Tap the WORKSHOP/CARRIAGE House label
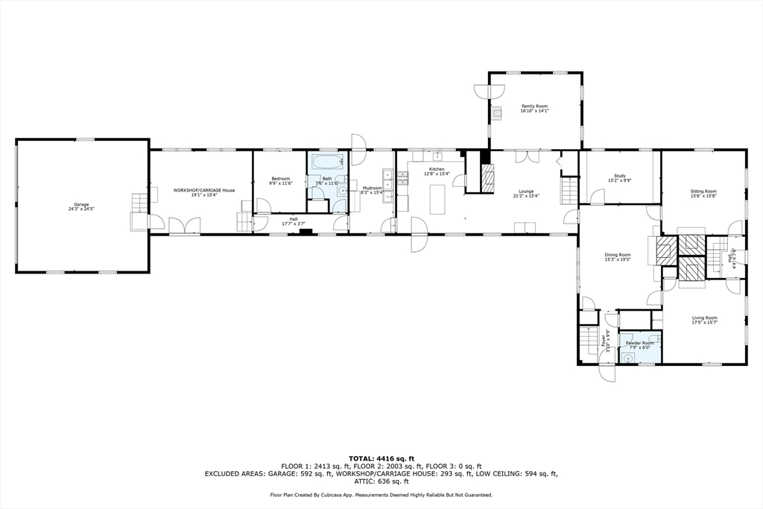click(204, 190)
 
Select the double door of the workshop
click(184, 226)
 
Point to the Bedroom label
click(280, 179)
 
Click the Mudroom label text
click(372, 188)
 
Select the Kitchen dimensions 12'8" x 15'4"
click(437, 174)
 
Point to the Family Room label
click(534, 107)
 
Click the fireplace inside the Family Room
click(496, 113)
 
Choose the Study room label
click(619, 176)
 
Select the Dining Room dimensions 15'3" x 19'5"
click(618, 259)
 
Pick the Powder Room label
click(639, 343)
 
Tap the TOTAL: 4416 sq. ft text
click(381, 458)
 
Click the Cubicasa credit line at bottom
click(381, 495)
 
